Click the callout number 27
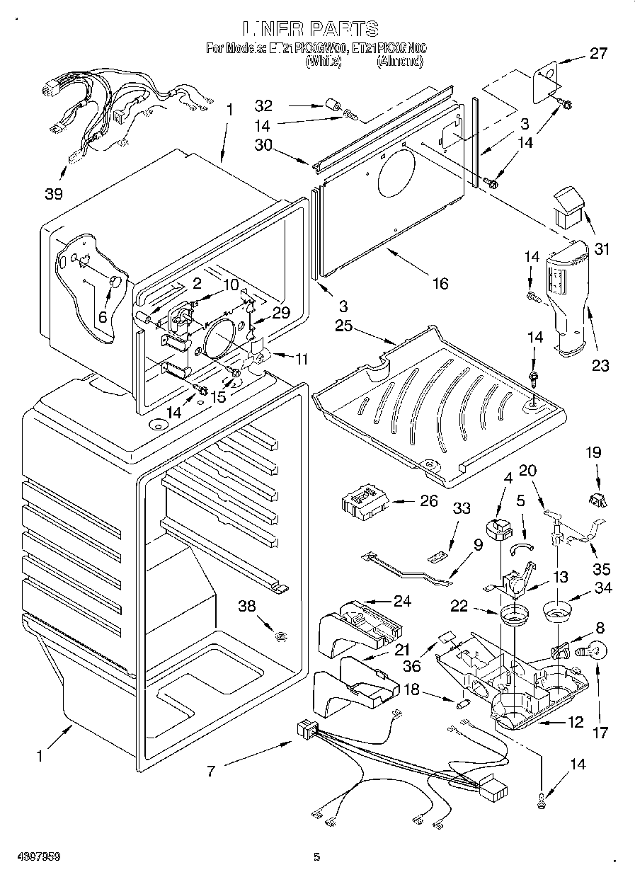[599, 55]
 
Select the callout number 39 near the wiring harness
[55, 193]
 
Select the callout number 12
[575, 723]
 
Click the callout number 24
[401, 602]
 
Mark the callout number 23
[600, 365]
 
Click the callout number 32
[263, 106]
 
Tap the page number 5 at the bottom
[317, 857]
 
